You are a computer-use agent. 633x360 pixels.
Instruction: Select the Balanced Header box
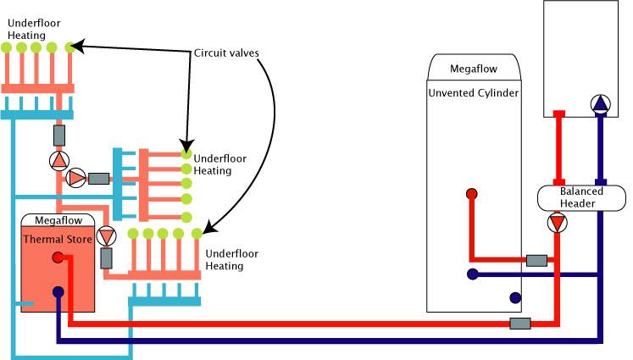click(580, 197)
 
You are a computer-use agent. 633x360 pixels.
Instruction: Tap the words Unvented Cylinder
click(473, 91)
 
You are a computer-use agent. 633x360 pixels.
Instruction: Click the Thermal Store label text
click(56, 239)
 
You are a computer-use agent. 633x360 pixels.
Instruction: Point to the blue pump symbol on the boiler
click(600, 105)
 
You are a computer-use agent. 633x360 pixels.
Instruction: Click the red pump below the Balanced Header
click(557, 224)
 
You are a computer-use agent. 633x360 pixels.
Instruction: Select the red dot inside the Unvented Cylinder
click(472, 194)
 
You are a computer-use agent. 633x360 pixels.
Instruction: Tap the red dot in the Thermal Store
click(56, 258)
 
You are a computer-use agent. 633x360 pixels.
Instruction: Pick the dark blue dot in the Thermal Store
click(58, 292)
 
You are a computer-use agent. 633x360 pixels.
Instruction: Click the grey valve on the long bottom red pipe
click(519, 324)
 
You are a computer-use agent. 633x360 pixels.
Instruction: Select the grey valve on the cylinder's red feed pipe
click(536, 260)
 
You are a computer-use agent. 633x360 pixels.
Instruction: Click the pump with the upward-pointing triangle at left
click(58, 160)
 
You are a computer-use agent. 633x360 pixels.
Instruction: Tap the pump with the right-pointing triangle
click(75, 178)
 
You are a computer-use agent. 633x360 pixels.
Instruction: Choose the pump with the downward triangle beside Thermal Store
click(106, 235)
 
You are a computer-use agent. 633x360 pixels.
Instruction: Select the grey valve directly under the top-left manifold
click(58, 135)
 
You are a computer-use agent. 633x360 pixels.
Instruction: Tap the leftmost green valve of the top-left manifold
click(7, 47)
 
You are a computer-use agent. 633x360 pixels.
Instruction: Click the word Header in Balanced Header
click(580, 204)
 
